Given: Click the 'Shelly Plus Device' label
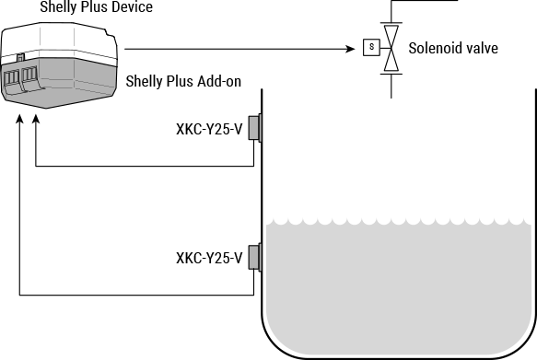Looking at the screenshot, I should coord(97,8).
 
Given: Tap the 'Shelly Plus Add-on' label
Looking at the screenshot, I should coord(182,82).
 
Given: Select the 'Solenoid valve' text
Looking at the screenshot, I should coord(453,48).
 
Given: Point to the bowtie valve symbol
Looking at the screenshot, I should coord(392,48).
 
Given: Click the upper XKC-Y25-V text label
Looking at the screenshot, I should coord(209,129).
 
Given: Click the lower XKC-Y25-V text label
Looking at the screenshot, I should coord(209,258).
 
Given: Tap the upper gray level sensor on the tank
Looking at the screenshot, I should coord(255,129).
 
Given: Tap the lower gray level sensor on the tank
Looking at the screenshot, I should coord(255,258).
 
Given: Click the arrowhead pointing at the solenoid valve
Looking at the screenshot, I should coord(353,48).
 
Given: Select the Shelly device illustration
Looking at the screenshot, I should coord(60,64).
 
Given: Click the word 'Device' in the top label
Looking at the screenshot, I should coord(132,8).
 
